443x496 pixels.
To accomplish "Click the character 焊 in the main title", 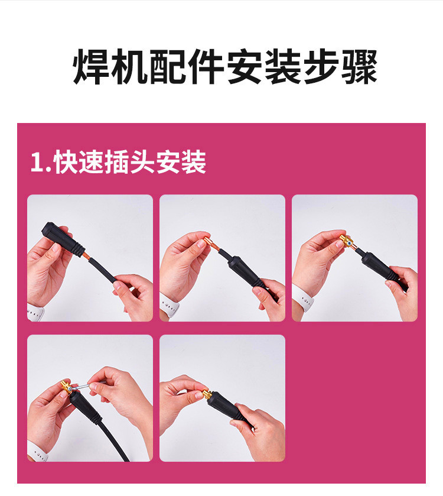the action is tap(91, 67).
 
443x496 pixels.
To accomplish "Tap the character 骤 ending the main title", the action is tap(359, 67).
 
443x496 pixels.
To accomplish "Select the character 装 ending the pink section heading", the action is tap(193, 162).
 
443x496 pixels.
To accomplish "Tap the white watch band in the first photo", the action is tap(35, 311).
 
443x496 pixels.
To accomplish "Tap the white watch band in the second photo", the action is tap(169, 304).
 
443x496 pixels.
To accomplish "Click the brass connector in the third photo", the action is tap(347, 241).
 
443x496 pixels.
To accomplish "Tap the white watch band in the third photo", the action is tap(302, 298).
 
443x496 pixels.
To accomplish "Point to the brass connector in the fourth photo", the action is tap(68, 387).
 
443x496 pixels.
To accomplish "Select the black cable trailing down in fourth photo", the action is tap(114, 439).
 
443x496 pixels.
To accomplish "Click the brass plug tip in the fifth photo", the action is tap(207, 394).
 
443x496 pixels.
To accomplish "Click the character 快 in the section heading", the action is tap(66, 162).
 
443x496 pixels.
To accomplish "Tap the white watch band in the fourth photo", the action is tap(37, 450).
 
